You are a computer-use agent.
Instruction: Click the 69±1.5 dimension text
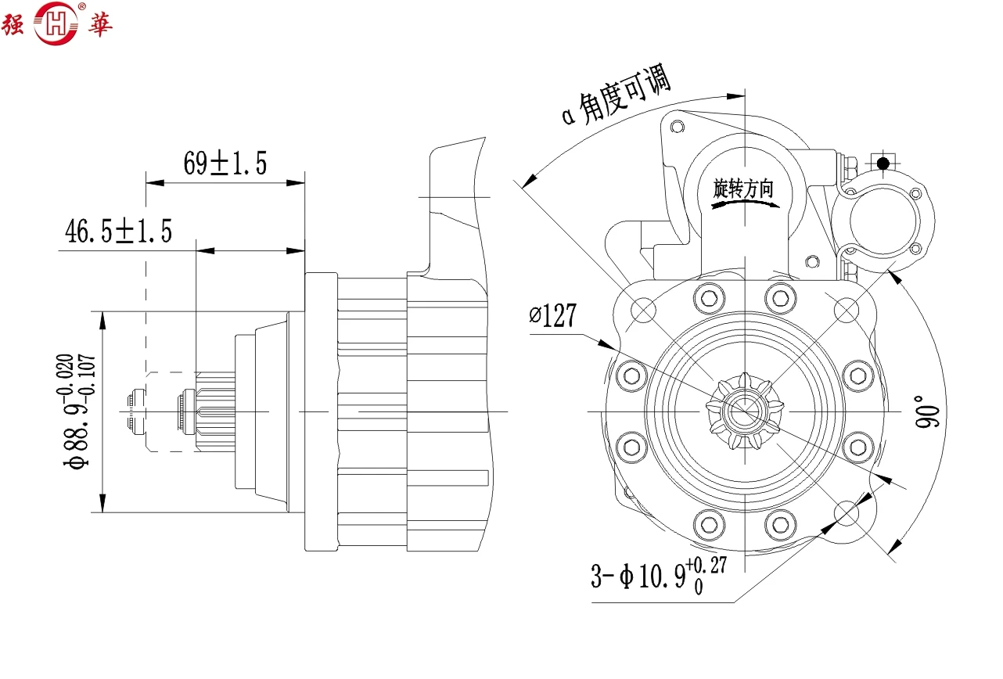click(225, 163)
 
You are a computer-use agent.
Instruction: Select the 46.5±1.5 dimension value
click(118, 232)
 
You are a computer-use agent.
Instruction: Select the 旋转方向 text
click(743, 189)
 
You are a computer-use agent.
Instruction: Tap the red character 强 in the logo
click(15, 25)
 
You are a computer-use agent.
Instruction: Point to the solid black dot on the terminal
click(883, 163)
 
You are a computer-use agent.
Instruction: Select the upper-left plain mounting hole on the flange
click(643, 311)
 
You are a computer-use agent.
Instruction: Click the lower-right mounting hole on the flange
click(848, 513)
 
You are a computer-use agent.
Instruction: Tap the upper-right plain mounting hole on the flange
click(847, 311)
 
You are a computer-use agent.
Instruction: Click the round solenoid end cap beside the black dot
click(882, 218)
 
